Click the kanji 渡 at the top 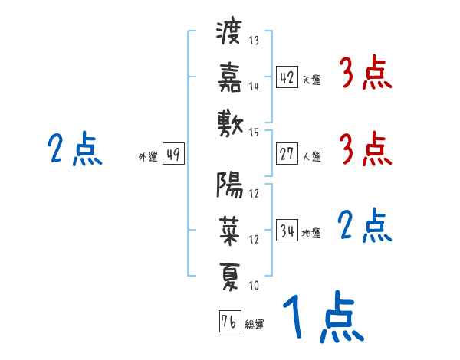pyautogui.click(x=230, y=34)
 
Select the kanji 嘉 pyautogui.click(x=230, y=77)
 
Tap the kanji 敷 pyautogui.click(x=230, y=122)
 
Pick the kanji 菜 pyautogui.click(x=230, y=230)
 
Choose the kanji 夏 pyautogui.click(x=230, y=273)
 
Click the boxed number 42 pyautogui.click(x=287, y=77)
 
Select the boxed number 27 pyautogui.click(x=287, y=154)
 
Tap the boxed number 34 pyautogui.click(x=287, y=230)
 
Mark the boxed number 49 pyautogui.click(x=172, y=154)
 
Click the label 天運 pyautogui.click(x=311, y=80)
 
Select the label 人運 pyautogui.click(x=311, y=156)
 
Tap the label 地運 pyautogui.click(x=311, y=233)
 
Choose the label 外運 pyautogui.click(x=147, y=156)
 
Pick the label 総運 pyautogui.click(x=255, y=324)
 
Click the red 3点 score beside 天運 pyautogui.click(x=365, y=75)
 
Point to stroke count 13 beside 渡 pyautogui.click(x=255, y=41)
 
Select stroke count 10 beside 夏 pyautogui.click(x=254, y=285)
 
